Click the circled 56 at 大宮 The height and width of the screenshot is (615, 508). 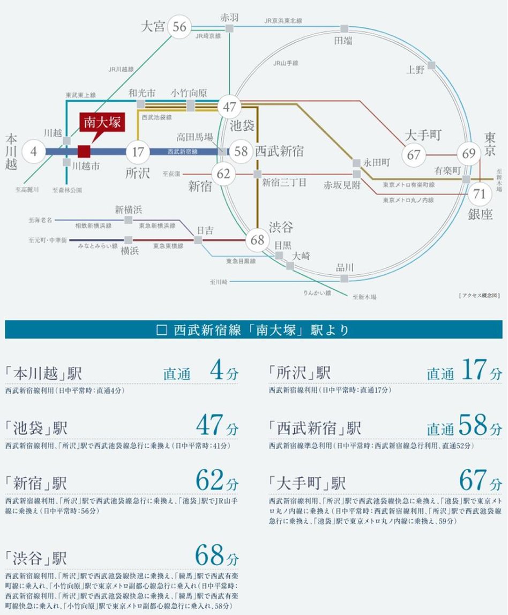click(x=180, y=27)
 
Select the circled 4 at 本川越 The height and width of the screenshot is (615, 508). click(x=34, y=152)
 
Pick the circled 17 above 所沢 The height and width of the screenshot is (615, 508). click(x=138, y=152)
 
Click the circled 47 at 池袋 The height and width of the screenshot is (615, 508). click(x=230, y=107)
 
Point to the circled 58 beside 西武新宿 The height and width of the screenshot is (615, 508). click(x=241, y=152)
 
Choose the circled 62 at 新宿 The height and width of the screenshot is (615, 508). click(x=224, y=174)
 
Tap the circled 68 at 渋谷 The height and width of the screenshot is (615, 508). click(x=258, y=239)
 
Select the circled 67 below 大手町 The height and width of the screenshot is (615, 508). click(x=414, y=155)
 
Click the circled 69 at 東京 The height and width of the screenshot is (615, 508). click(x=469, y=154)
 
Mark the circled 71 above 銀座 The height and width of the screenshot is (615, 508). click(x=480, y=194)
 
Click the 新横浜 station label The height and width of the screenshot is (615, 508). click(x=128, y=209)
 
